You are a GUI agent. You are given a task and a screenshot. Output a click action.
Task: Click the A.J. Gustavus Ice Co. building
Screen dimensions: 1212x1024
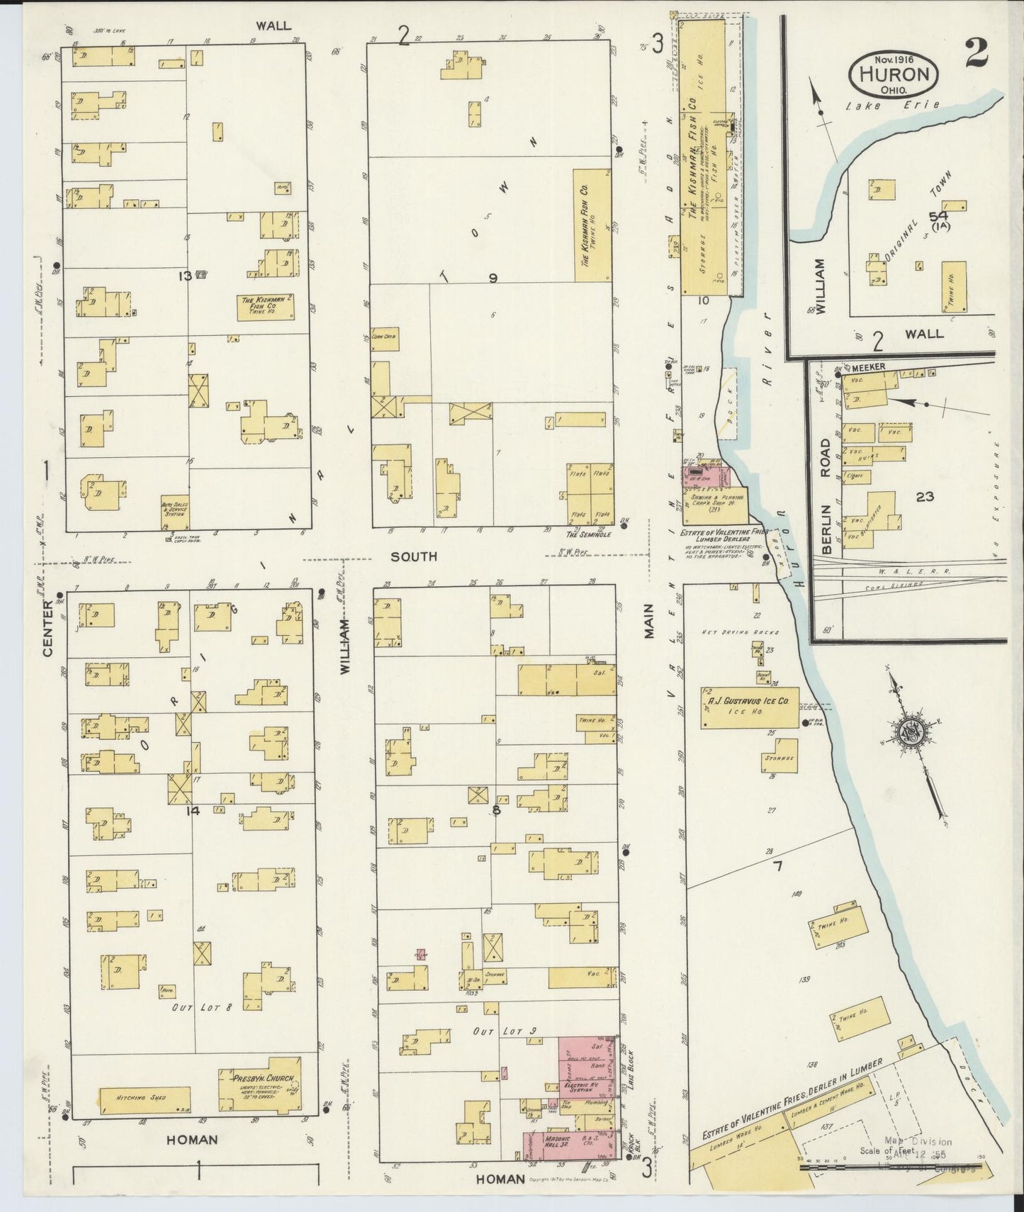coord(749,707)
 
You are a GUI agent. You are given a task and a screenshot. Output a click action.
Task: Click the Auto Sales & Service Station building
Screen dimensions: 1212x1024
coord(174,507)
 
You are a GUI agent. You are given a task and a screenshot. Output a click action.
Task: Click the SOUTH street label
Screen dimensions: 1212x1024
coord(416,557)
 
